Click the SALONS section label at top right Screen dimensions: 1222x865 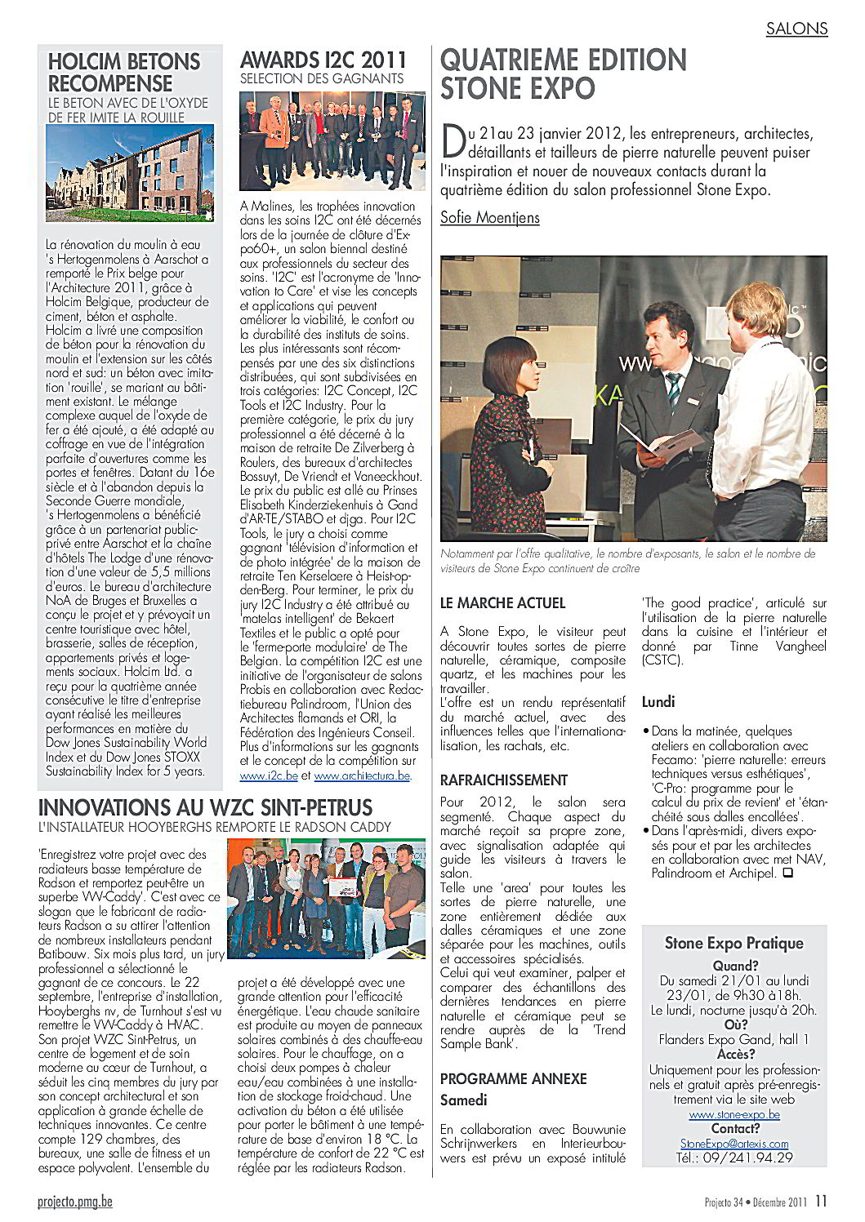(x=796, y=29)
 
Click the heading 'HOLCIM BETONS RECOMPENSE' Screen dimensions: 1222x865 (x=124, y=72)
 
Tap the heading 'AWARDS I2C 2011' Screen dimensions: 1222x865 (x=323, y=60)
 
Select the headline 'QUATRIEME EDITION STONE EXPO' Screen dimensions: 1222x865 (x=564, y=73)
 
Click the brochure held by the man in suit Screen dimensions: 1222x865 (x=653, y=441)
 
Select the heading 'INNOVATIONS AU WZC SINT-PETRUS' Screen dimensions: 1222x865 (x=206, y=808)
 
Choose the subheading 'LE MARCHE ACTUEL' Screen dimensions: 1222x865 (x=502, y=603)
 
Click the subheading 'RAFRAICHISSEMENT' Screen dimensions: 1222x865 (x=503, y=780)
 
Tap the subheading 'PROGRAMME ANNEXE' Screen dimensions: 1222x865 (x=513, y=1078)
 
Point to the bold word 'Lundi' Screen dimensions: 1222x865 (x=658, y=701)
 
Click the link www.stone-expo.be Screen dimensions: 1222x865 (x=734, y=1114)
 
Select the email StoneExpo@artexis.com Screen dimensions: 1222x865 (x=734, y=1144)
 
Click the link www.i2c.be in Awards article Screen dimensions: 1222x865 (x=261, y=775)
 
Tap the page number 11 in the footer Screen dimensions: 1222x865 (x=821, y=1200)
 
